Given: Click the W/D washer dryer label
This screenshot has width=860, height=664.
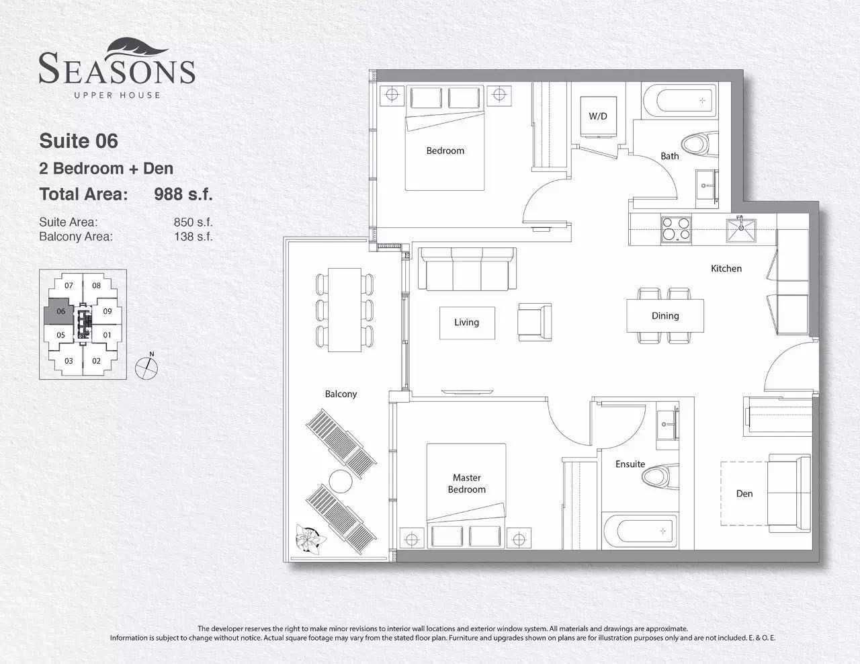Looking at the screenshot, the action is [597, 116].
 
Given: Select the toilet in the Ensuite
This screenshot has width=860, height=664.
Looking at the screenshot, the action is [660, 476].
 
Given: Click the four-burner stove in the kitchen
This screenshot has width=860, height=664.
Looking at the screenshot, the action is [676, 229].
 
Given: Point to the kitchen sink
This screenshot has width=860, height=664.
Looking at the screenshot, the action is [741, 230].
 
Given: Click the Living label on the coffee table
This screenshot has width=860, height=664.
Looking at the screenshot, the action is [466, 323].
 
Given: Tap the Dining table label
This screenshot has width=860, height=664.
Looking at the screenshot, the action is [665, 316].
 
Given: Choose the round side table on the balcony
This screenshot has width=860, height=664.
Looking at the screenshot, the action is [341, 481].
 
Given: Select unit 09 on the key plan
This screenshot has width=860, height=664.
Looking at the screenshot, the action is [107, 311].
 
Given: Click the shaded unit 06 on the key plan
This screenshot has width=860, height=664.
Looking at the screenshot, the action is [59, 311].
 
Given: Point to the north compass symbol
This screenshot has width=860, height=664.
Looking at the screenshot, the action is [146, 367].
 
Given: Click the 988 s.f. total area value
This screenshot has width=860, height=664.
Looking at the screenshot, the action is [183, 194].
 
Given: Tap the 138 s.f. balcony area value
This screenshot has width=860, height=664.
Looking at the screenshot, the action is [193, 237].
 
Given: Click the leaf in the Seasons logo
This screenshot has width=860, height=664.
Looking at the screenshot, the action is [137, 48].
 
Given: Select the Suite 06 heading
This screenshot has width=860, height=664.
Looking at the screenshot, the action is [79, 141].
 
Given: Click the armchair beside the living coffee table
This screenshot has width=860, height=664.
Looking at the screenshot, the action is [535, 322].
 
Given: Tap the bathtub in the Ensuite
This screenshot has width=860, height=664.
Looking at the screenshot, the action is [640, 531].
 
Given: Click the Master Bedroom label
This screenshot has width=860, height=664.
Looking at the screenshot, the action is [466, 484].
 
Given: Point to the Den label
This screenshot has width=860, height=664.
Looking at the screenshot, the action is [744, 494].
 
